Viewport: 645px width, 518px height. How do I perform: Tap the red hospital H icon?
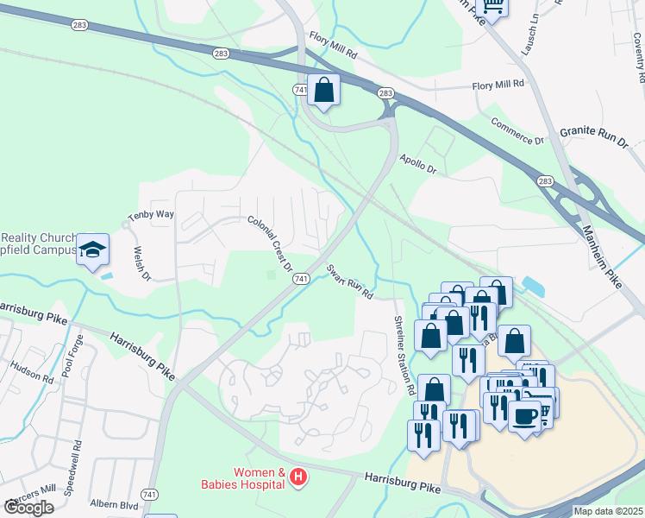click(x=298, y=477)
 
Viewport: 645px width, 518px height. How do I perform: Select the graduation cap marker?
click(x=93, y=250)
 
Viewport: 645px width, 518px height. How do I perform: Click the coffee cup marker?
click(x=525, y=417)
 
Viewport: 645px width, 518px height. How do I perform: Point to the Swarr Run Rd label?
click(x=349, y=281)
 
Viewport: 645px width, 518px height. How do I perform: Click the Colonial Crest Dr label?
click(x=270, y=243)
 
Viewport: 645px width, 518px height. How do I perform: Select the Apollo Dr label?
click(x=417, y=164)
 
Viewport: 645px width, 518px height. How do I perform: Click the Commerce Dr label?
click(x=518, y=130)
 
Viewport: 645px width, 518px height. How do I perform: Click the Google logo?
click(x=29, y=507)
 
